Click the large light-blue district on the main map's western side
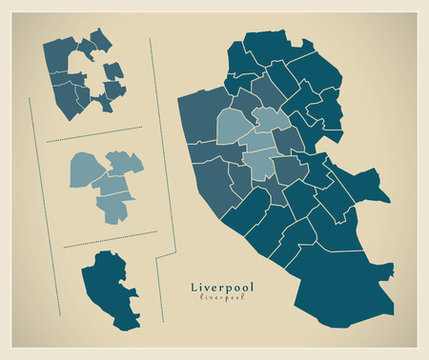[233, 128]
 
